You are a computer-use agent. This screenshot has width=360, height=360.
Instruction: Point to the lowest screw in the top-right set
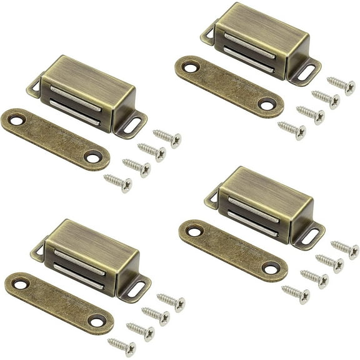point(292,129)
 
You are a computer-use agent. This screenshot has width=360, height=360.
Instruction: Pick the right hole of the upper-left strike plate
point(93,158)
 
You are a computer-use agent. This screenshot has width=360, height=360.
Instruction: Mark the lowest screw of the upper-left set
point(117,182)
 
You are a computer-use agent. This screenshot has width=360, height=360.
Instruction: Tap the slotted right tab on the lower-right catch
point(308,236)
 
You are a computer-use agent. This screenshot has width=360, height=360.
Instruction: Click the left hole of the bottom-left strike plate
point(21,284)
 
